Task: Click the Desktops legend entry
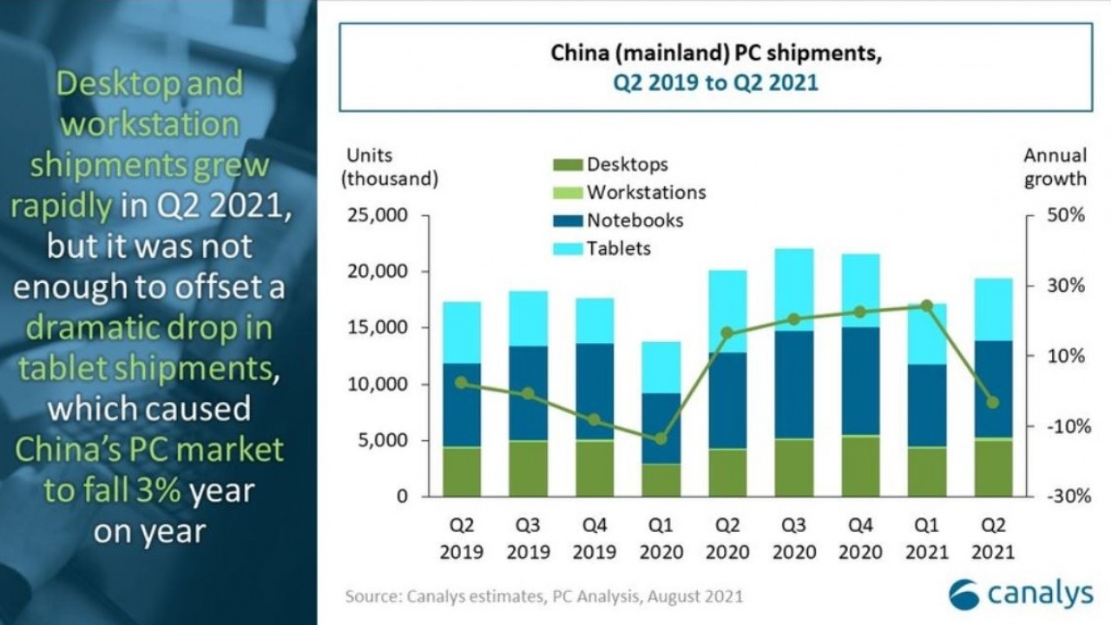tap(627, 164)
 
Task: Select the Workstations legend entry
tap(646, 192)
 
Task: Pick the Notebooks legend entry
tap(634, 220)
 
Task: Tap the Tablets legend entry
tap(618, 249)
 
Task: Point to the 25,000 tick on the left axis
tap(378, 215)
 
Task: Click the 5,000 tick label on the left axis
tap(383, 441)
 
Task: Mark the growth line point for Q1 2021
tap(926, 306)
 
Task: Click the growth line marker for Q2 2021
tap(993, 402)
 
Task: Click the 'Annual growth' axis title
tap(1055, 168)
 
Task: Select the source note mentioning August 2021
tap(543, 596)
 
